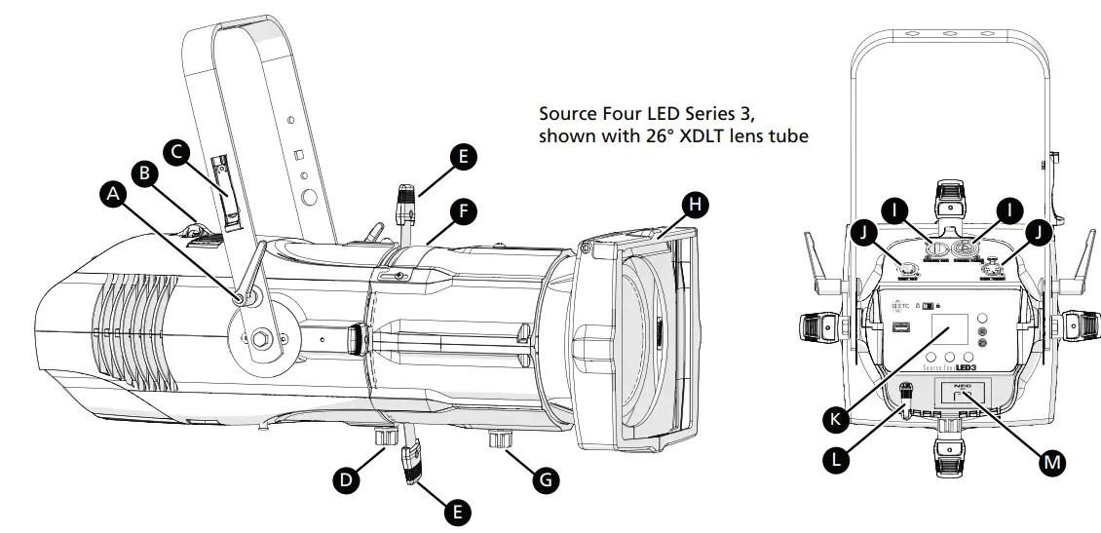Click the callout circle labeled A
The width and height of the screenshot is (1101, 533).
114,195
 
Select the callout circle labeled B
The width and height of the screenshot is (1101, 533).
145,173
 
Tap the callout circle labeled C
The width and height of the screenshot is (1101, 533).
176,151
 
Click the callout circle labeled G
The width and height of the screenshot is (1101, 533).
547,478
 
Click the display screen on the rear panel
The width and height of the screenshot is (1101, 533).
948,331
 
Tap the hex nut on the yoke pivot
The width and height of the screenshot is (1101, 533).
262,340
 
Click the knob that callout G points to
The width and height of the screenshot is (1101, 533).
503,442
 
